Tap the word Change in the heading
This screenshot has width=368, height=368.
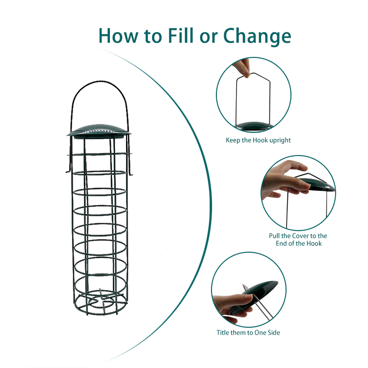[x=257, y=36]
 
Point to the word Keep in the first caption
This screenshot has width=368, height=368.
[x=233, y=140]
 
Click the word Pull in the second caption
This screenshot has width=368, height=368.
[x=274, y=236]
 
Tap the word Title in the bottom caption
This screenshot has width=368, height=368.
[x=222, y=332]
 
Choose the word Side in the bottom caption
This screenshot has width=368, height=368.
[x=274, y=332]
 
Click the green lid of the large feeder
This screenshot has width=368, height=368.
[x=99, y=131]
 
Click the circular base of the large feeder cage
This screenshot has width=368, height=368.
[x=100, y=303]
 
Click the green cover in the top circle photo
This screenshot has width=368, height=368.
[x=255, y=126]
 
